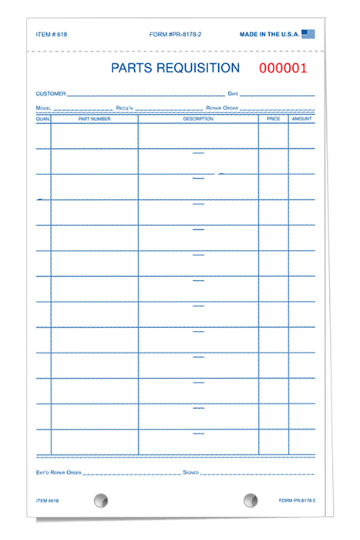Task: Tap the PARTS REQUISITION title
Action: click(175, 68)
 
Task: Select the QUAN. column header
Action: click(42, 120)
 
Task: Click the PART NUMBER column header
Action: click(94, 120)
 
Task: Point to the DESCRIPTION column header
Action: click(197, 120)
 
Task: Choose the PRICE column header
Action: click(274, 120)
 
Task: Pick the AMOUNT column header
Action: click(302, 120)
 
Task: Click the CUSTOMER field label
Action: click(50, 94)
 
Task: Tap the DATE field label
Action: click(233, 94)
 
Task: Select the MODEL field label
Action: click(43, 109)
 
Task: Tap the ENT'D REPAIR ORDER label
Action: click(59, 471)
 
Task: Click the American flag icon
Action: click(309, 34)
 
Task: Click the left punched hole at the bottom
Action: click(100, 501)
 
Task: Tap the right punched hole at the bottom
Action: click(251, 501)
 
